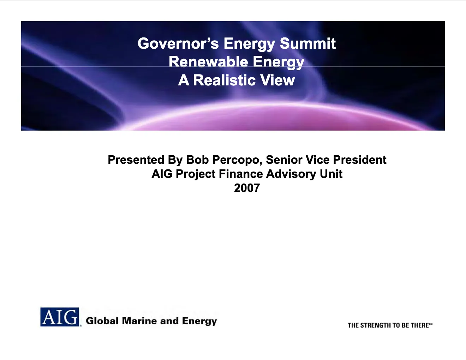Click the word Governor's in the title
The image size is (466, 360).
pyautogui.click(x=178, y=43)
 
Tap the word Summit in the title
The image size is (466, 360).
pyautogui.click(x=308, y=43)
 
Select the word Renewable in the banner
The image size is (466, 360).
pyautogui.click(x=208, y=62)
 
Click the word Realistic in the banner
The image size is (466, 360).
pyautogui.click(x=224, y=80)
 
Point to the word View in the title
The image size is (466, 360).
pyautogui.click(x=277, y=80)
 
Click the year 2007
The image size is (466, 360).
pyautogui.click(x=247, y=188)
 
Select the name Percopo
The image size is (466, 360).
pyautogui.click(x=237, y=160)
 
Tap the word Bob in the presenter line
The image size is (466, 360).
pyautogui.click(x=197, y=160)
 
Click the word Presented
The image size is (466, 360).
pyautogui.click(x=136, y=160)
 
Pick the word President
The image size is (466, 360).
pyautogui.click(x=360, y=160)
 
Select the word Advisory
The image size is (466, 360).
pyautogui.click(x=291, y=174)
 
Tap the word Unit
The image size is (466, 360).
pyautogui.click(x=331, y=174)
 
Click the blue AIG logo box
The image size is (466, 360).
pyautogui.click(x=60, y=317)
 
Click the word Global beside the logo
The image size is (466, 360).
pyautogui.click(x=102, y=321)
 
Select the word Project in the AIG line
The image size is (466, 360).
pyautogui.click(x=196, y=174)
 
